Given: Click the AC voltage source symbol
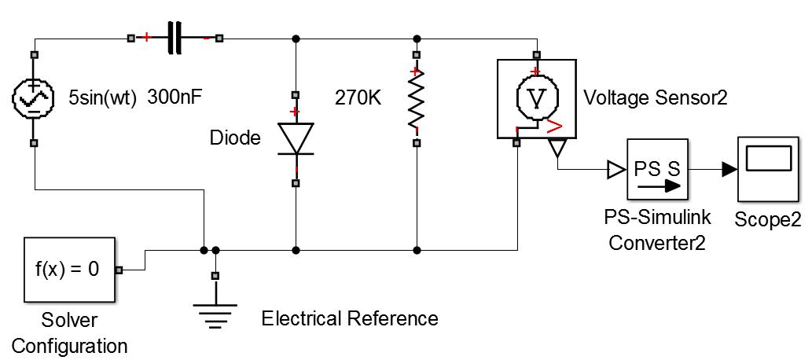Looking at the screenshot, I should [33, 99].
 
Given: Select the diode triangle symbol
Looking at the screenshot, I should [296, 138].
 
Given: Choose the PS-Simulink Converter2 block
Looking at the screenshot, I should [657, 170].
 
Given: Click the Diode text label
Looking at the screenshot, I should [234, 139].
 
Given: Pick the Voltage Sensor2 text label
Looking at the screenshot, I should [656, 98].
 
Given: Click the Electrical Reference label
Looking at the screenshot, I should [350, 319].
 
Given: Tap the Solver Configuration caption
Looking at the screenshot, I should [68, 333].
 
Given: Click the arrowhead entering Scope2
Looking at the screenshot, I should [729, 168].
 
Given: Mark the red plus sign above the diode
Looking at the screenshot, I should [296, 112].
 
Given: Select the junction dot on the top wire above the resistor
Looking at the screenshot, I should [417, 38].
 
